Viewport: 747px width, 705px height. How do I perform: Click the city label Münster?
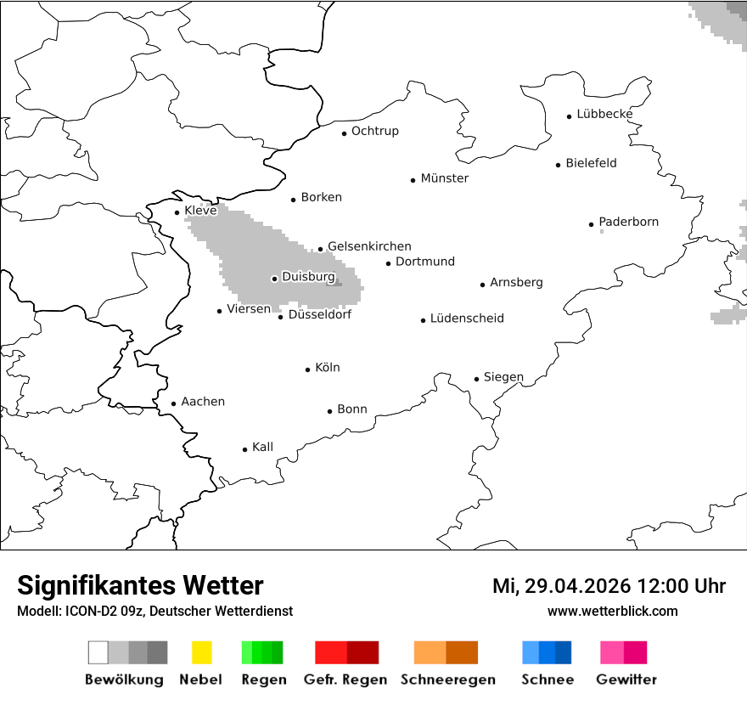tap(444, 178)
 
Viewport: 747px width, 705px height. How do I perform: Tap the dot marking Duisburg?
tap(274, 279)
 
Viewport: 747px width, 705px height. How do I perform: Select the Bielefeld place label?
tap(591, 163)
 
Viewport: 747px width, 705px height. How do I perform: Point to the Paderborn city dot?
tap(592, 224)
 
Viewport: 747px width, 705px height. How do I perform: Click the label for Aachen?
tap(203, 402)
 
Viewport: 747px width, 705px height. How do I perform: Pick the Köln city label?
tap(327, 368)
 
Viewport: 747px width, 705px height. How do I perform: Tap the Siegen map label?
tap(503, 377)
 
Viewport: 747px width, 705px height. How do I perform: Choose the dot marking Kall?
tap(245, 449)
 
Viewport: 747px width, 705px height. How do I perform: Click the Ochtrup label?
tap(374, 131)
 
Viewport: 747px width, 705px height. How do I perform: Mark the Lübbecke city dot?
tap(570, 116)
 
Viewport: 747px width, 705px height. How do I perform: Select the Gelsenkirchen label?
tap(369, 246)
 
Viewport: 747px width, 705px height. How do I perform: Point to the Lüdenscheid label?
tap(467, 319)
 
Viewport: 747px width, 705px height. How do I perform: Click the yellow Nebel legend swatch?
tap(201, 652)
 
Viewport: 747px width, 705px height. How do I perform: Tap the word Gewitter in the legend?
tap(626, 680)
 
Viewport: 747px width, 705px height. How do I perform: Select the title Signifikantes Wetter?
tap(140, 585)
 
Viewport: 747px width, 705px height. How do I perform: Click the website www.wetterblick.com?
tap(612, 611)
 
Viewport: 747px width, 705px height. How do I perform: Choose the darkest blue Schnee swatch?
tap(564, 652)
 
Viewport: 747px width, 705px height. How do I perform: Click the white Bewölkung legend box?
tap(98, 652)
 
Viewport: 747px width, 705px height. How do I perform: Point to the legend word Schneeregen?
tap(447, 680)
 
